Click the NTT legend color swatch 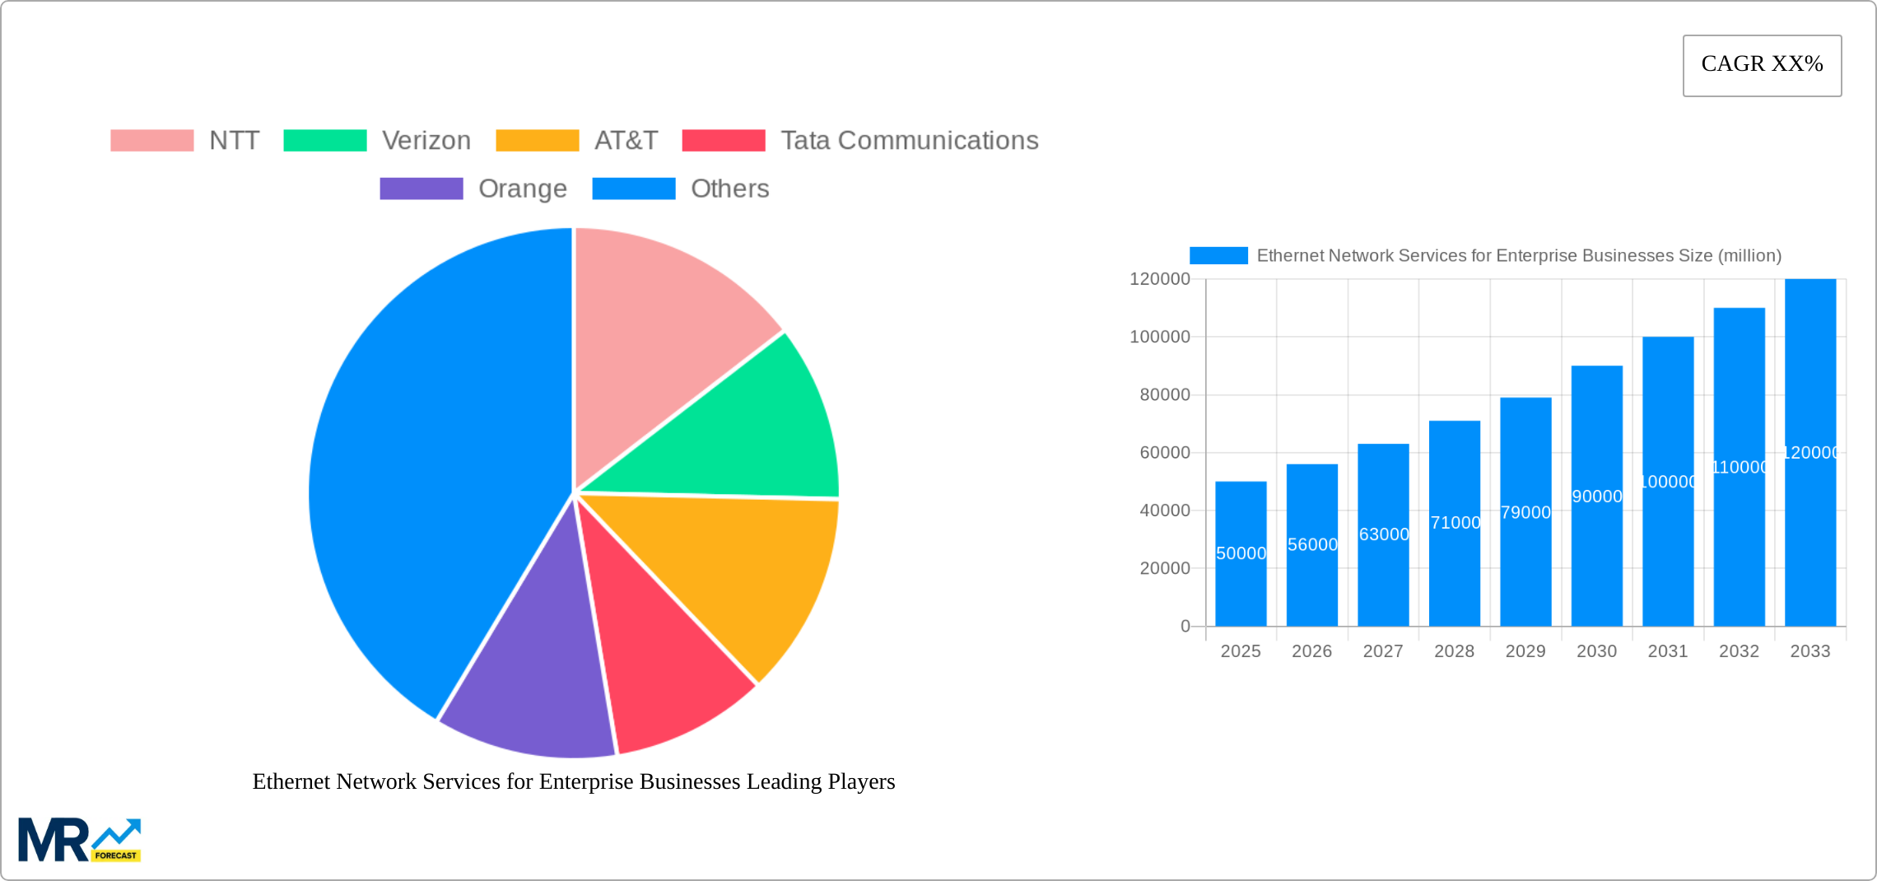pos(152,141)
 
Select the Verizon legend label pos(426,141)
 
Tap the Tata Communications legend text pos(910,141)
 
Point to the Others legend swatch pos(634,189)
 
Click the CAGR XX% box pos(1762,65)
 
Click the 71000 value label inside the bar pos(1455,523)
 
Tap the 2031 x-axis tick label pos(1668,651)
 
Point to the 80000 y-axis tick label pos(1164,395)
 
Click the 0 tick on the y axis pos(1185,627)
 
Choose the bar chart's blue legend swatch pos(1218,256)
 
